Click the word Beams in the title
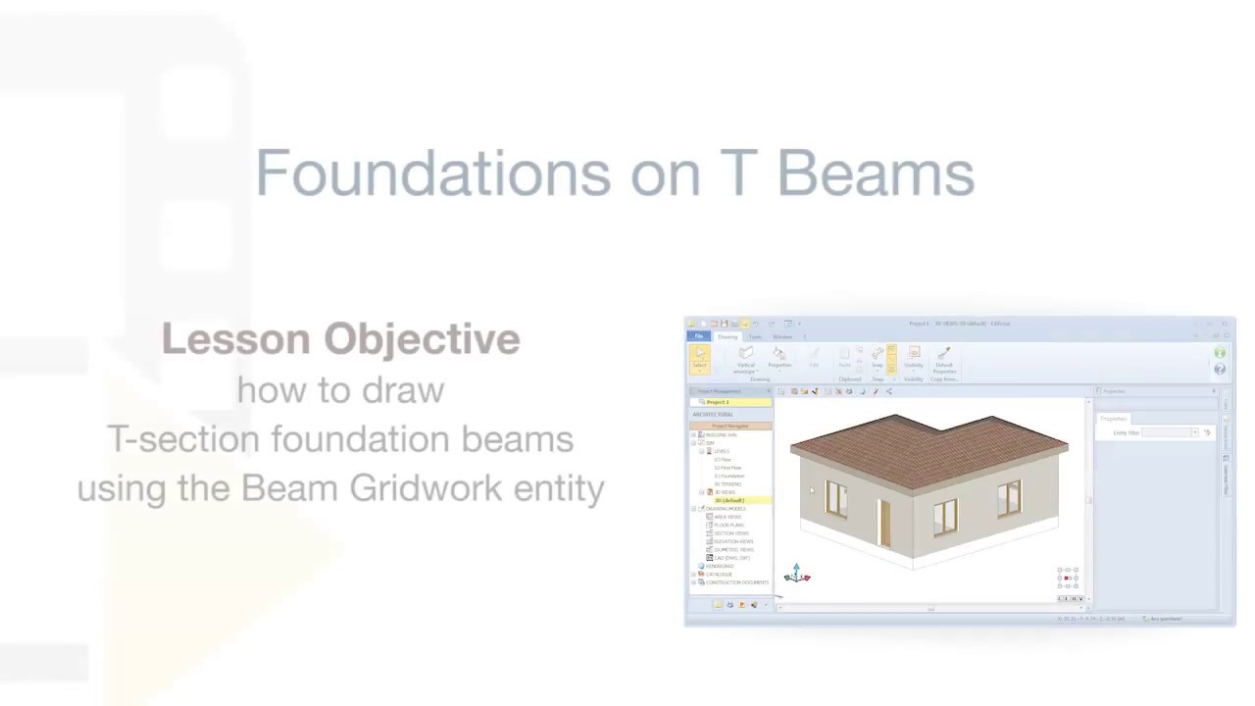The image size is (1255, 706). pyautogui.click(x=876, y=174)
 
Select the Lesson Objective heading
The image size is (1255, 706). pyautogui.click(x=340, y=339)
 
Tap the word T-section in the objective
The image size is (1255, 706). pyautogui.click(x=182, y=439)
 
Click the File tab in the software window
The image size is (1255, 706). pyautogui.click(x=699, y=336)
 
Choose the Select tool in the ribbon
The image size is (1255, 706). pyautogui.click(x=700, y=358)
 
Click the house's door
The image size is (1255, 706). pyautogui.click(x=884, y=523)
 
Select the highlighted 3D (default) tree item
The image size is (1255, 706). pyautogui.click(x=730, y=500)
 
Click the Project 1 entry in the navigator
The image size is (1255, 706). pyautogui.click(x=719, y=402)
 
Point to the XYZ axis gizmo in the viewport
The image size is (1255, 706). pyautogui.click(x=797, y=575)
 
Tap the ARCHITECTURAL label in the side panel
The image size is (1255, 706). pyautogui.click(x=713, y=415)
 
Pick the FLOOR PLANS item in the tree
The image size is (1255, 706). pyautogui.click(x=730, y=525)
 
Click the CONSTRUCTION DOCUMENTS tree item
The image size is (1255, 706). pyautogui.click(x=737, y=582)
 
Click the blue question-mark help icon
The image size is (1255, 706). pyautogui.click(x=1220, y=369)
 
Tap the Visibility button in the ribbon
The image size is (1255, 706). pyautogui.click(x=914, y=359)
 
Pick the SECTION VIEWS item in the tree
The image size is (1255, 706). pyautogui.click(x=731, y=533)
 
